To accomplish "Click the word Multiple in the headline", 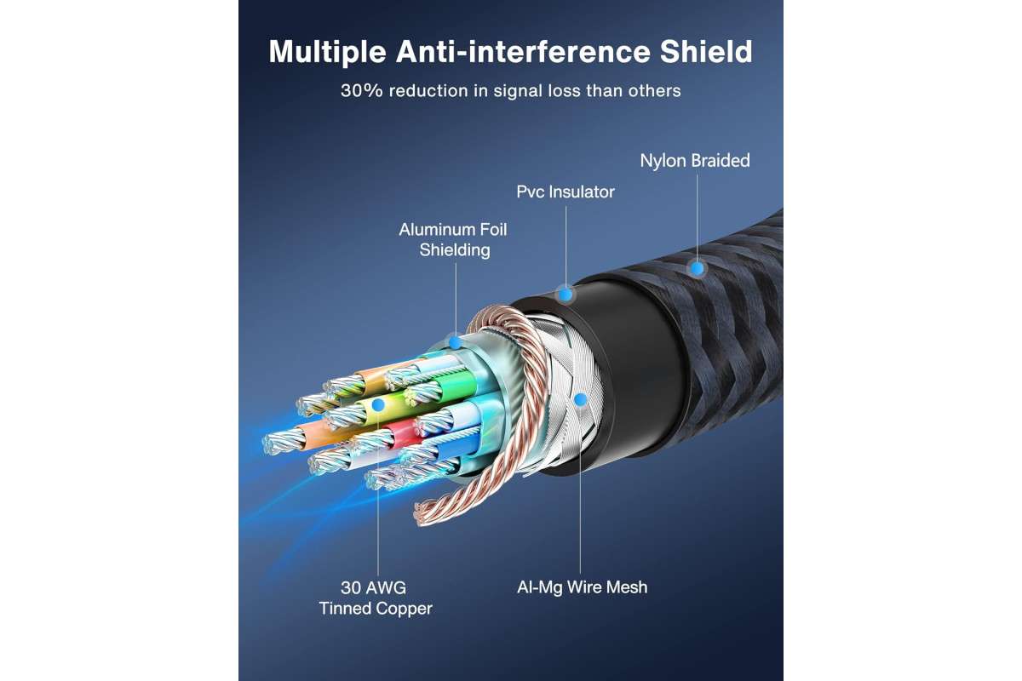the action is (x=327, y=53).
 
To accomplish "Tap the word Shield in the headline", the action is (x=706, y=51).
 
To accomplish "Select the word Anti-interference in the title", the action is (x=523, y=51).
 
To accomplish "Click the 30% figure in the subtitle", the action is (x=361, y=91).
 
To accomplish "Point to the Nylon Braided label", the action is (x=695, y=161).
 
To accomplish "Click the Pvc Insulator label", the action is (x=566, y=192).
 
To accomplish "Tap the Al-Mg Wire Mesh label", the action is (x=582, y=587).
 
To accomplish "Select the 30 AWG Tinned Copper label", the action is (x=376, y=598).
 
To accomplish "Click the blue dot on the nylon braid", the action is (x=697, y=268).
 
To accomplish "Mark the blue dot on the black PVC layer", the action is (x=566, y=295).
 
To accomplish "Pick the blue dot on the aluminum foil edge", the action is (x=455, y=342).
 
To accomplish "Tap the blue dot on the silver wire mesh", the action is (x=580, y=400).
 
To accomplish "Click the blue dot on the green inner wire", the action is (x=378, y=404).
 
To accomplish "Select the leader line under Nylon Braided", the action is (x=697, y=218).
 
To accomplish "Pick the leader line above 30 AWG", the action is (x=378, y=494).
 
